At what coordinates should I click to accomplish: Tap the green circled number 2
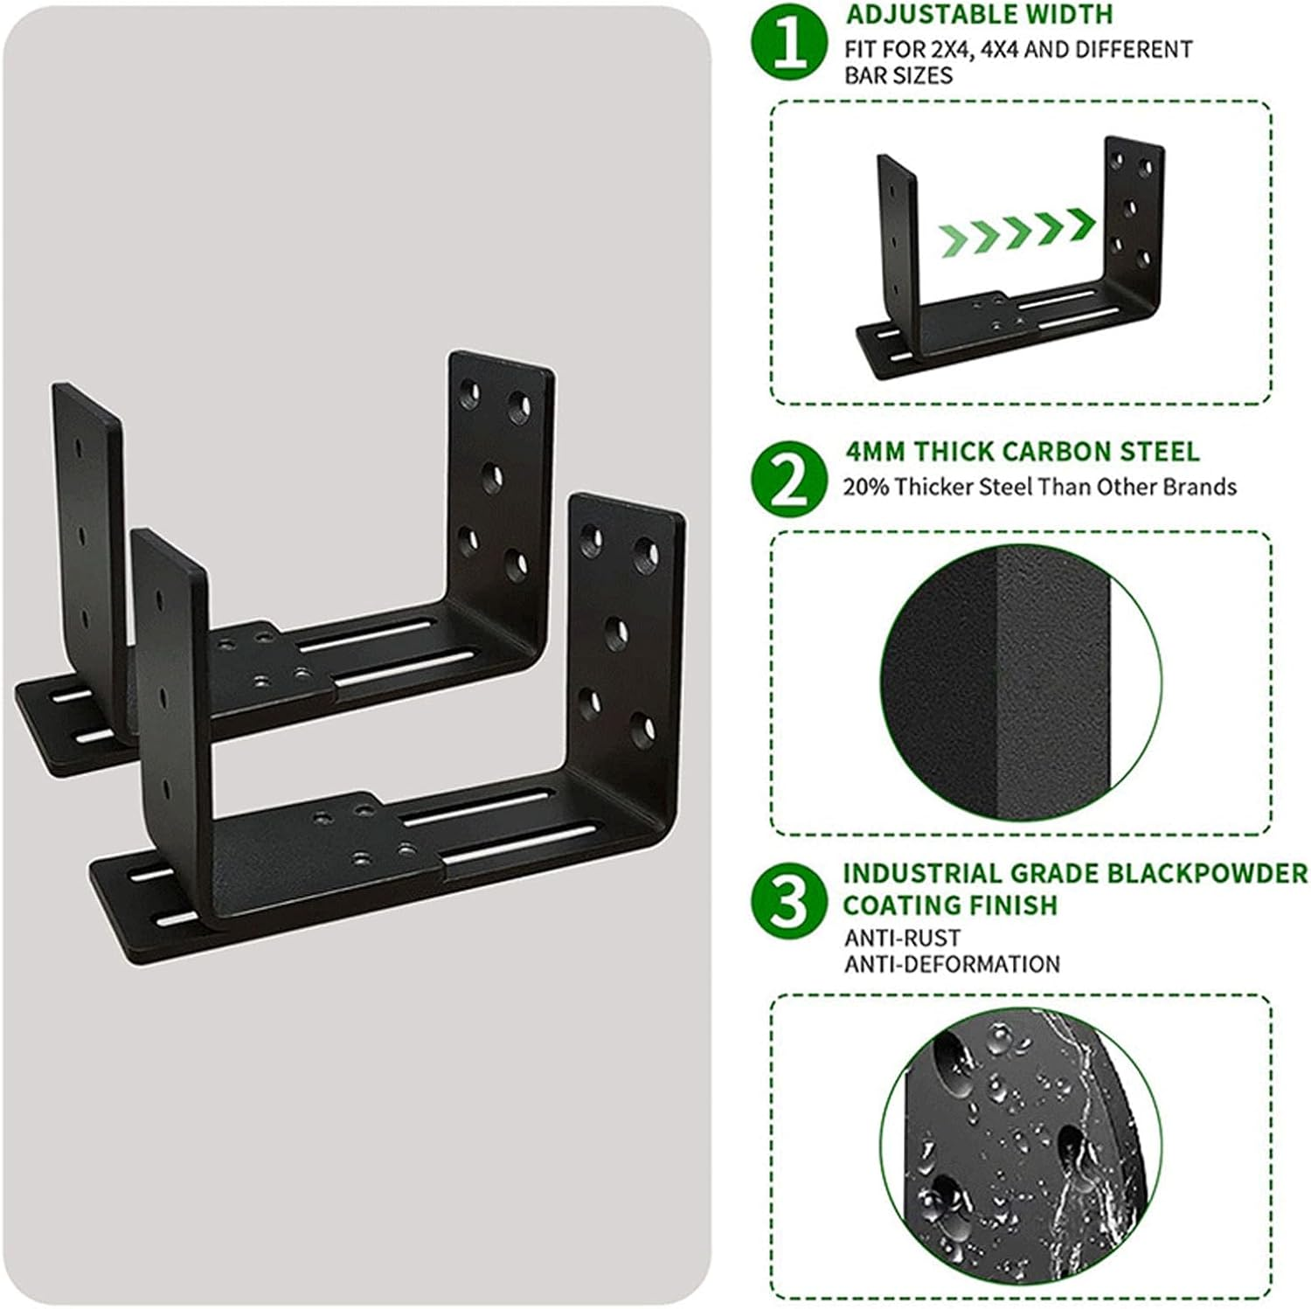(x=790, y=476)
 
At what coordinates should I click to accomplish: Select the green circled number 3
(x=790, y=902)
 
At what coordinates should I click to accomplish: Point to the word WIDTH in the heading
(x=1072, y=15)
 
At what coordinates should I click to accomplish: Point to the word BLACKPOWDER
(x=1168, y=874)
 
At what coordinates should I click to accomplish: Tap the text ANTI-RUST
(x=890, y=938)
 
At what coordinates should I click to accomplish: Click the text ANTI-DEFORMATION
(x=952, y=964)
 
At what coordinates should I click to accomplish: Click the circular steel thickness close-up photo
(x=1021, y=683)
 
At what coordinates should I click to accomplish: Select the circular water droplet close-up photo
(x=1021, y=1144)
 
